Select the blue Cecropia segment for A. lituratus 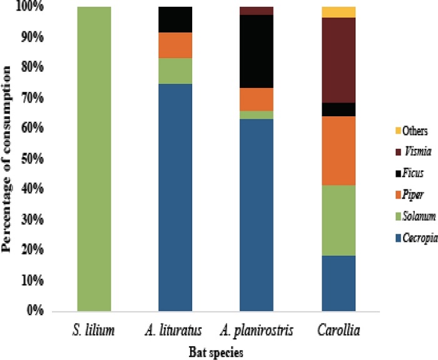click(175, 197)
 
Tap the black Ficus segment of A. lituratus click(175, 19)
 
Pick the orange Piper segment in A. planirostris click(257, 99)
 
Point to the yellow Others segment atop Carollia click(339, 12)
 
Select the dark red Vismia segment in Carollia click(339, 60)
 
